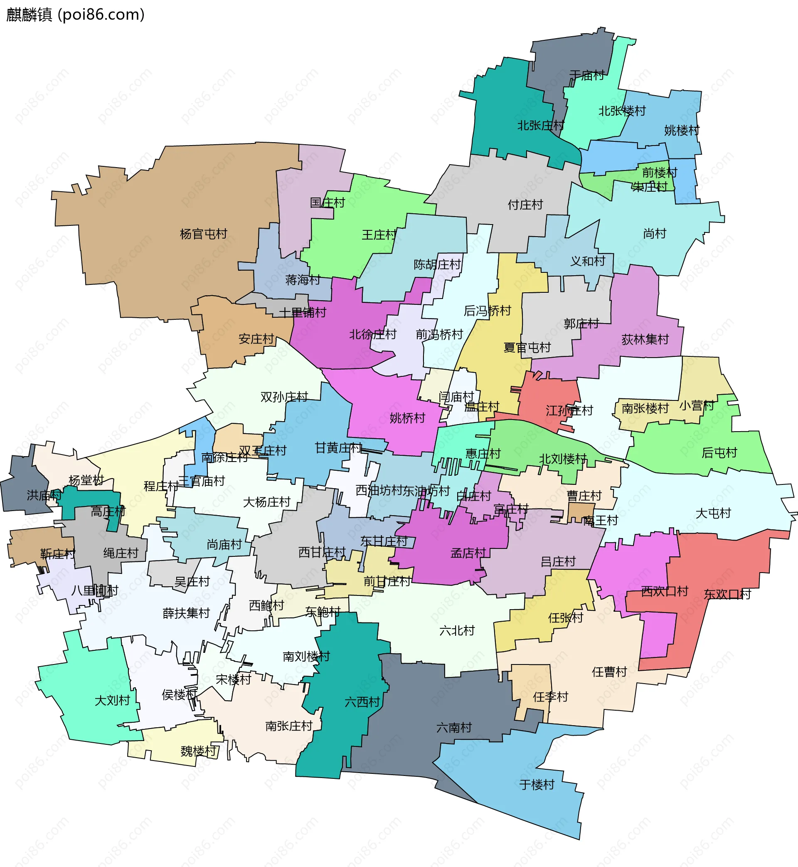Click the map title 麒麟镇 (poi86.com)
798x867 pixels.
point(75,15)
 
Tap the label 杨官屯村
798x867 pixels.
point(203,234)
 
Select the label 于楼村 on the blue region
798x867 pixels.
point(537,785)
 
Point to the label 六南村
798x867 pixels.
point(454,728)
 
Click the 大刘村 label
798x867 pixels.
point(112,700)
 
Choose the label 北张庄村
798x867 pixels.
point(541,126)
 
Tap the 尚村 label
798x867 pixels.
point(655,234)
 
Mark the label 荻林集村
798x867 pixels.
point(645,340)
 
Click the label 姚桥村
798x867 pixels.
point(407,418)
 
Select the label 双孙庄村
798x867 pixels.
point(284,397)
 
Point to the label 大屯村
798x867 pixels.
point(713,513)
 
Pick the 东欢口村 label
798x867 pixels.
point(727,594)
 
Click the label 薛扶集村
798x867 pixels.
point(186,613)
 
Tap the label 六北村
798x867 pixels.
point(457,631)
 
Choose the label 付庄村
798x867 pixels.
point(525,205)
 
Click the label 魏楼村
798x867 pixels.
point(198,751)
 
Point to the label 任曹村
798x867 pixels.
point(609,672)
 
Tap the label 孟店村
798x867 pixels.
point(468,553)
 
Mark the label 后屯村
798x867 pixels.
point(719,453)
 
